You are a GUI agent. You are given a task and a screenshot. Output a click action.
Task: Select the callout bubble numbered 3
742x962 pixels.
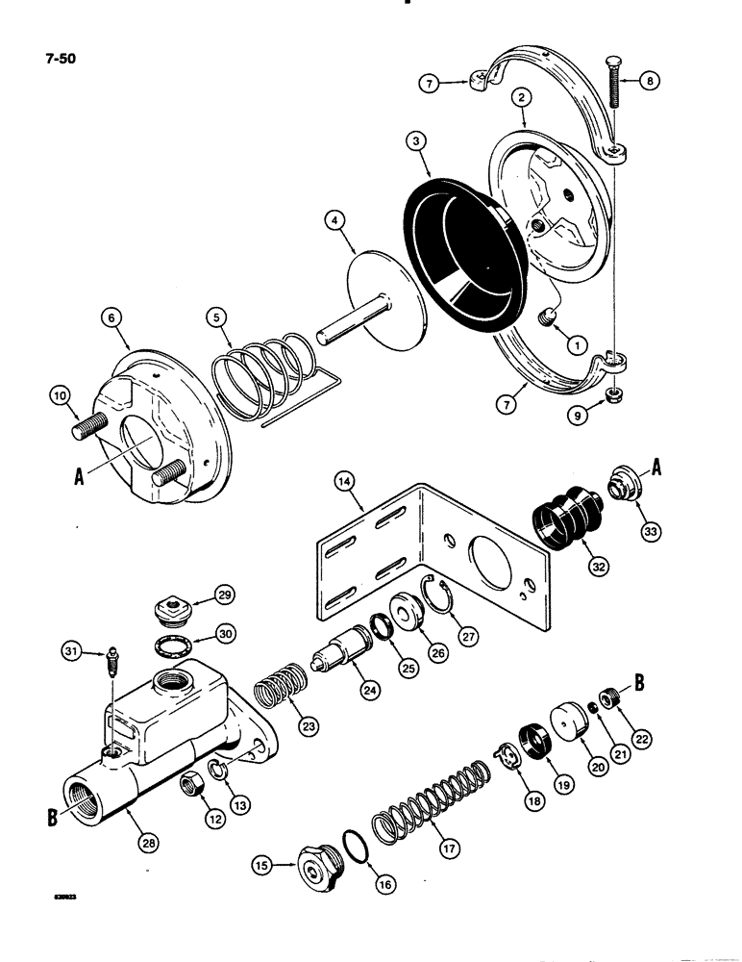pyautogui.click(x=414, y=142)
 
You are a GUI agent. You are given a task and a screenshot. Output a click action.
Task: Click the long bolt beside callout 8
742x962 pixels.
pyautogui.click(x=612, y=106)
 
